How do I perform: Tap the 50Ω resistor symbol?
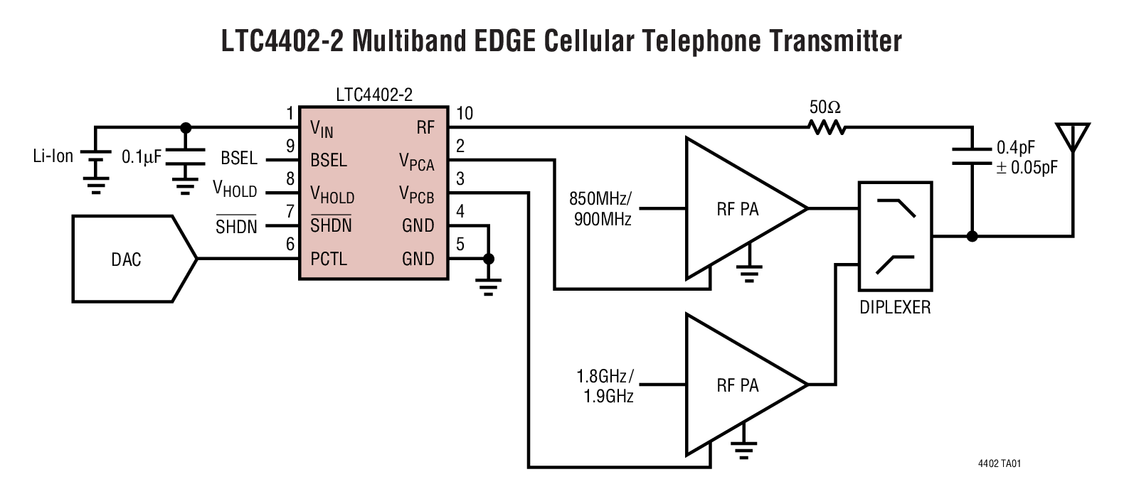[x=825, y=128]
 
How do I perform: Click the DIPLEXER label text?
[x=894, y=308]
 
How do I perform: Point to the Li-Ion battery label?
[x=53, y=156]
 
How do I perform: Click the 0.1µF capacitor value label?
[x=142, y=157]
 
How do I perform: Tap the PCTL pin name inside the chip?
[x=329, y=259]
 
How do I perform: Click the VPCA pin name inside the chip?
[x=416, y=162]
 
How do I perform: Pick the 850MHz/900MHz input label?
[x=601, y=208]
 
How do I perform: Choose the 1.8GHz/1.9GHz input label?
[x=604, y=385]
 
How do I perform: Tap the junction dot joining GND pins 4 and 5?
[x=488, y=259]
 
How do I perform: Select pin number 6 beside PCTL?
[x=290, y=244]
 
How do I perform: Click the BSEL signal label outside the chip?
[x=238, y=158]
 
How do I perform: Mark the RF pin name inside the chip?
[x=425, y=129]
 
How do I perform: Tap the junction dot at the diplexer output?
[x=972, y=236]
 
